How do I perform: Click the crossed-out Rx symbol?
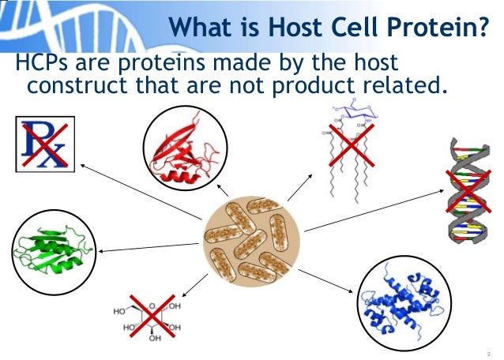(x=44, y=143)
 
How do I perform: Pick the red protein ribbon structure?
(x=185, y=149)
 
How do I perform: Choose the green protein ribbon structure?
(x=47, y=249)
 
